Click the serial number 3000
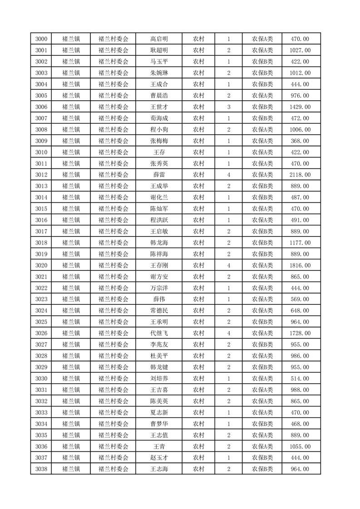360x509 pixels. (41, 39)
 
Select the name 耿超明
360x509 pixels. (159, 50)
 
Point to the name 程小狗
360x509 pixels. (159, 130)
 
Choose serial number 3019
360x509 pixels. (41, 254)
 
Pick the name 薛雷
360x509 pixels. (159, 175)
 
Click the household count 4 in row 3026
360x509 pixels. (228, 333)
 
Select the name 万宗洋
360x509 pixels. (159, 288)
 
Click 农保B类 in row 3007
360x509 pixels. (262, 118)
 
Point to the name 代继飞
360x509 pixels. (159, 333)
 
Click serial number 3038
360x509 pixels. (41, 469)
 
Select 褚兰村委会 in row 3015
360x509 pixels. (113, 209)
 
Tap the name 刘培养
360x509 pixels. (159, 379)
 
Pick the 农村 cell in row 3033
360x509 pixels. (198, 412)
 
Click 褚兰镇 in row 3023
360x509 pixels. (71, 299)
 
